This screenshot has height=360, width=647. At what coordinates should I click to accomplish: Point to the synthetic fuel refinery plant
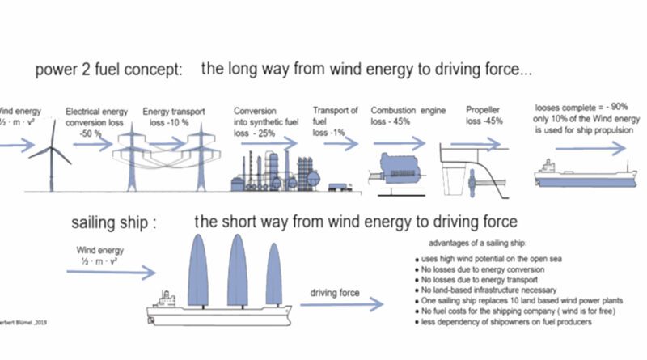click(275, 170)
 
